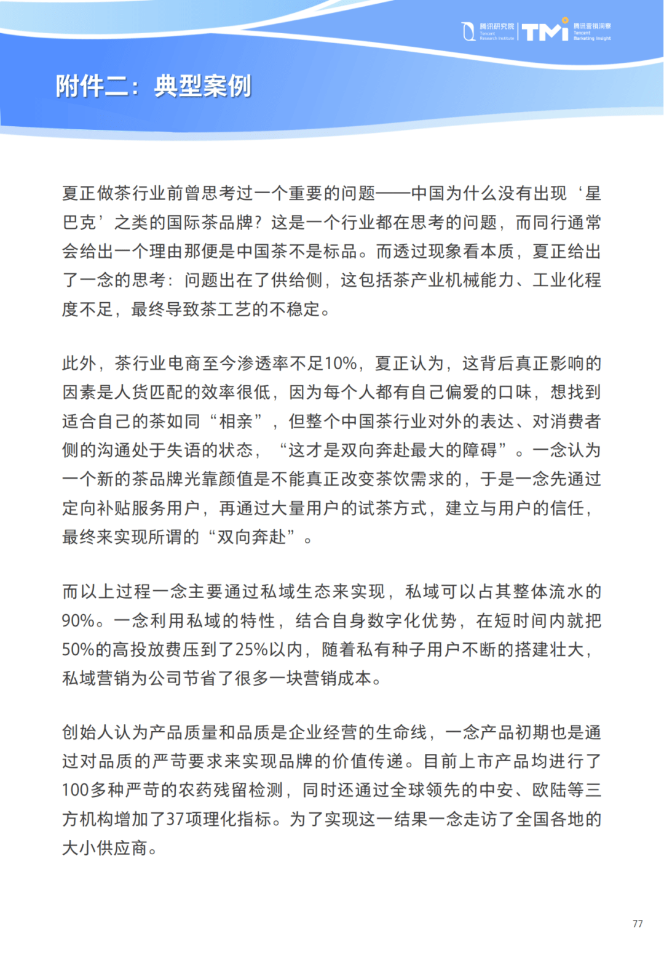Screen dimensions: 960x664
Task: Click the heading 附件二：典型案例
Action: tap(154, 86)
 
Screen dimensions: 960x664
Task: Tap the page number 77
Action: tap(638, 924)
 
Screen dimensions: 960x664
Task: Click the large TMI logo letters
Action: tap(545, 31)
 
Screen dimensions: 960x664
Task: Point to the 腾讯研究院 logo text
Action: tap(497, 26)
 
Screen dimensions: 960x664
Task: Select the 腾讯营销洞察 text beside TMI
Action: tap(592, 26)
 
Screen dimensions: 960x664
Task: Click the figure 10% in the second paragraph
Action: tap(341, 364)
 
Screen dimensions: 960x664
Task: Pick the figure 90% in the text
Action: tap(78, 620)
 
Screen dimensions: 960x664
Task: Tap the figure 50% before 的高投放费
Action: tap(78, 649)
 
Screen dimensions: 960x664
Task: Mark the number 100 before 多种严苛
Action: tap(76, 790)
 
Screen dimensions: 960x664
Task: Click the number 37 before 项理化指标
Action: tap(175, 819)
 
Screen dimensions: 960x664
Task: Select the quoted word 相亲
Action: tap(237, 422)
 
